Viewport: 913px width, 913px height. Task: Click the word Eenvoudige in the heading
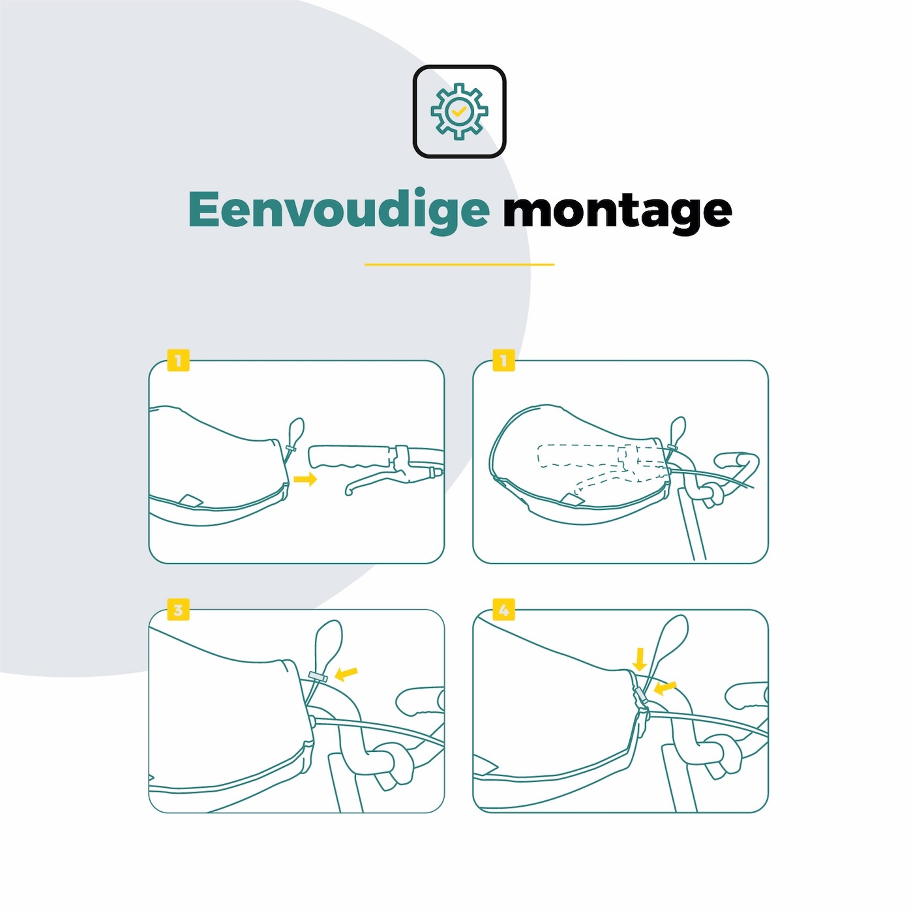[x=338, y=210]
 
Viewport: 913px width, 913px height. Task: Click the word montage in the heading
[x=617, y=211]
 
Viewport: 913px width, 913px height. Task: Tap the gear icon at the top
[x=459, y=112]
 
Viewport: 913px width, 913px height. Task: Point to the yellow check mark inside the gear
[x=458, y=112]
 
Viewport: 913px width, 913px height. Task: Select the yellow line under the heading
[x=459, y=264]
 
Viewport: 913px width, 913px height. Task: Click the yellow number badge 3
[x=178, y=609]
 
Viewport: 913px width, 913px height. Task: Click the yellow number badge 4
[x=503, y=609]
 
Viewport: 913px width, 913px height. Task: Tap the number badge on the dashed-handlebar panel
[x=503, y=361]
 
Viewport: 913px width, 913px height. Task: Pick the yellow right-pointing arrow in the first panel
[x=305, y=479]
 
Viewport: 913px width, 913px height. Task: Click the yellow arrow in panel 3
[x=346, y=673]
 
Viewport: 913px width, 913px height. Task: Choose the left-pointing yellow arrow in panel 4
[x=665, y=689]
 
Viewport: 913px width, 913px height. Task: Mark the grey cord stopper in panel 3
[x=318, y=676]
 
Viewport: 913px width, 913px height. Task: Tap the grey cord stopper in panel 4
[x=640, y=696]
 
